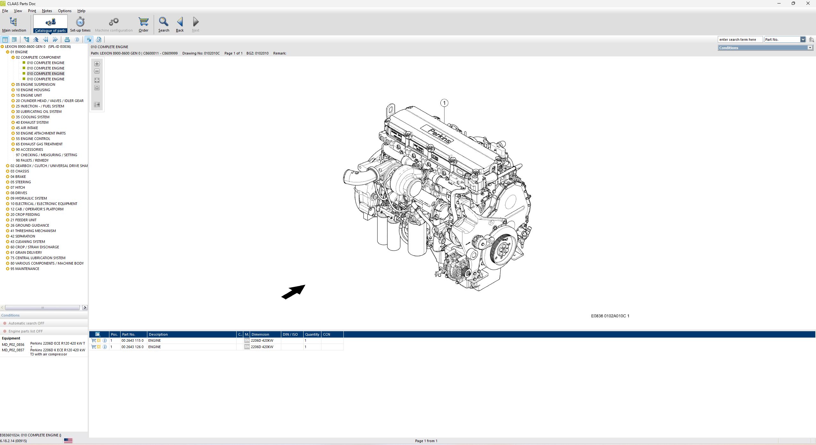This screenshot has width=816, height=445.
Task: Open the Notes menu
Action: pyautogui.click(x=47, y=11)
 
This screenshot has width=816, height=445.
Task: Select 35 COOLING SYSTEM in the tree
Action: pyautogui.click(x=33, y=117)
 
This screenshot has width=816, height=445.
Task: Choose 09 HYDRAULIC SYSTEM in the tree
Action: pyautogui.click(x=28, y=198)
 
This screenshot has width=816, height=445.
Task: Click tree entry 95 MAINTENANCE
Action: pyautogui.click(x=25, y=269)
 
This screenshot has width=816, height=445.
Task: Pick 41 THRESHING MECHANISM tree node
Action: pyautogui.click(x=33, y=231)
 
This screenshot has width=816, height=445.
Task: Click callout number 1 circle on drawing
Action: pyautogui.click(x=444, y=103)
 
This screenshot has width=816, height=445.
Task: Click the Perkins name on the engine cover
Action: pyautogui.click(x=439, y=135)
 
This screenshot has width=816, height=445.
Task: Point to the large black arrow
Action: pyautogui.click(x=293, y=292)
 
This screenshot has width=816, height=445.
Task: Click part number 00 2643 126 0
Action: pyautogui.click(x=132, y=347)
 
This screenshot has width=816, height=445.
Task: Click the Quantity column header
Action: pyautogui.click(x=312, y=334)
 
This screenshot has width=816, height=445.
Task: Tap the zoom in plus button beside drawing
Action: pyautogui.click(x=97, y=64)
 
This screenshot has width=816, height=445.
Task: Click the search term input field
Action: pyautogui.click(x=740, y=40)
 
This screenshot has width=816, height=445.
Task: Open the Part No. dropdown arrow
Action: pyautogui.click(x=803, y=40)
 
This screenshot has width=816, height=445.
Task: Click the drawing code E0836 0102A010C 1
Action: pyautogui.click(x=610, y=316)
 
